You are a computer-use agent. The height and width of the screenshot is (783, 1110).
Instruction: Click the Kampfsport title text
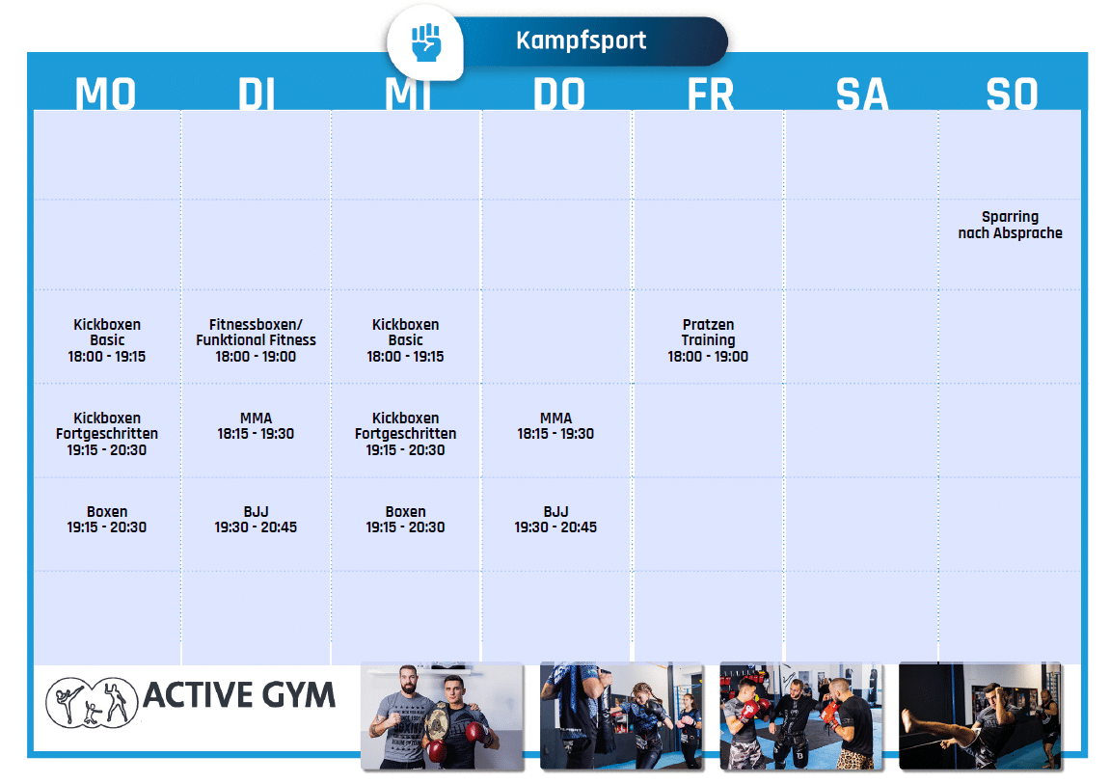tap(581, 40)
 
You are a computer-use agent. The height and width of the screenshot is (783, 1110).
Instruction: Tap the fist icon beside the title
tap(426, 42)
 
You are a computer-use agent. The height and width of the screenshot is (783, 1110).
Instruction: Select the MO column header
tap(105, 94)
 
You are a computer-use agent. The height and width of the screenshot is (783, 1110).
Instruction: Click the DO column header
tap(559, 94)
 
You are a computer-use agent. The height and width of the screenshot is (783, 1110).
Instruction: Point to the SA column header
tap(861, 94)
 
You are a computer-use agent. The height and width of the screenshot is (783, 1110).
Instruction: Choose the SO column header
tap(1013, 94)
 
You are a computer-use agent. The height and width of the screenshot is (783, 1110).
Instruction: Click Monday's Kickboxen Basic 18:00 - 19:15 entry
tap(107, 340)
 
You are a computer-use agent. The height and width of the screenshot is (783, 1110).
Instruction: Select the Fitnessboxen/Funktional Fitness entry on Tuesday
tap(256, 340)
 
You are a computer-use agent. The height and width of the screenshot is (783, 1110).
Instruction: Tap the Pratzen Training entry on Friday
tap(708, 340)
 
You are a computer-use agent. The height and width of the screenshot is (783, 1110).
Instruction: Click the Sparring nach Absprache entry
tap(1010, 225)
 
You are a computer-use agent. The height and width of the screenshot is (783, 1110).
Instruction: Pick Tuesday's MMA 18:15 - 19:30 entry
tap(256, 426)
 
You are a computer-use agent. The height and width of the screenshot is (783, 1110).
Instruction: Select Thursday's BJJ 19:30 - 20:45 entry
tap(555, 520)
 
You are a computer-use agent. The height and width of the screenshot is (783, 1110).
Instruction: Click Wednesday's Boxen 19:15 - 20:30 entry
tap(406, 520)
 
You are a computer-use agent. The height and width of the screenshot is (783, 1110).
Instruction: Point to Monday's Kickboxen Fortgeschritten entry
tap(107, 434)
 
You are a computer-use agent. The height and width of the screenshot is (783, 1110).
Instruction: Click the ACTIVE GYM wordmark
tap(239, 695)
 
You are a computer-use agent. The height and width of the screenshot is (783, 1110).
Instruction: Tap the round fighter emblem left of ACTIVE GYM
tap(92, 702)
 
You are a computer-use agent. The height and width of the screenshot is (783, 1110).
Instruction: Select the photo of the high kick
tap(981, 715)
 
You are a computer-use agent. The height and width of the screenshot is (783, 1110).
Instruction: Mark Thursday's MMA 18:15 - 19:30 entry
tap(555, 426)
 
